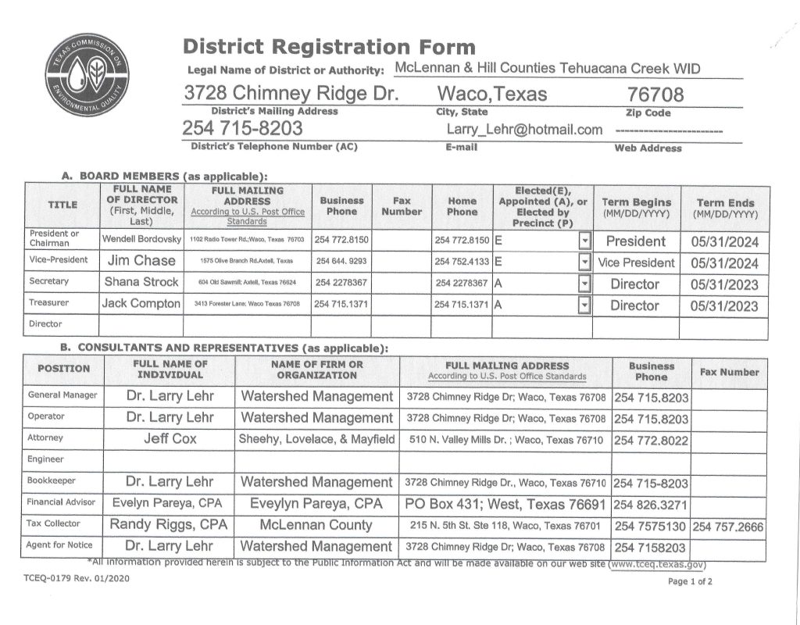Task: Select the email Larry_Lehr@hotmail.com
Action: (524, 130)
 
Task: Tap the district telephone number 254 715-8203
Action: (243, 128)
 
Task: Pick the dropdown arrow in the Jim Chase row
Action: (584, 262)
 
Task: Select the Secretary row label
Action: (48, 281)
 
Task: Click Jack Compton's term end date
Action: (724, 305)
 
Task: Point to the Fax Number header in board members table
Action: (401, 206)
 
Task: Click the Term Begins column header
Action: (635, 207)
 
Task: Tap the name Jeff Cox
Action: (170, 439)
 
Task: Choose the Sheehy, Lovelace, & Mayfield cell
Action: (316, 440)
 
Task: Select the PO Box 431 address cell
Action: (505, 504)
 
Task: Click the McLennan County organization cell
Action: (316, 525)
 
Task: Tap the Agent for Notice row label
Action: (59, 545)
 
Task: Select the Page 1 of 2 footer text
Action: (690, 582)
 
